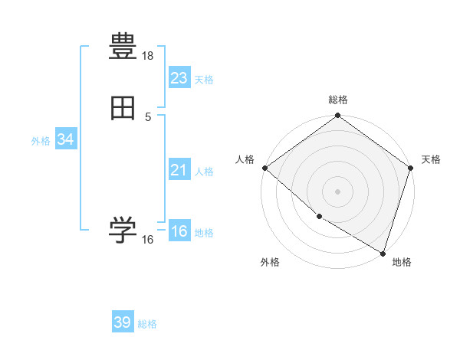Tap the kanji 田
[x=123, y=108]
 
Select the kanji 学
[x=123, y=231]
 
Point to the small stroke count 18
[x=148, y=57]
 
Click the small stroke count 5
[x=148, y=116]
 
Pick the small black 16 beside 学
[x=148, y=240]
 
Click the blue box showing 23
[x=179, y=78]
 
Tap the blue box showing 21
[x=179, y=170]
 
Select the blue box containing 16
[x=179, y=231]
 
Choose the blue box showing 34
[x=65, y=139]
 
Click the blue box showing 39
[x=122, y=322]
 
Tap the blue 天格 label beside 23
[x=204, y=80]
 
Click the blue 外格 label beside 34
[x=41, y=141]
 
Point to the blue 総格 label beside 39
[x=147, y=324]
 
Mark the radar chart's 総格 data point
[x=337, y=116]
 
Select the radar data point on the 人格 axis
[x=264, y=168]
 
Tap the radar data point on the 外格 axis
[x=319, y=216]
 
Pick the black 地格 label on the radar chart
[x=402, y=262]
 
